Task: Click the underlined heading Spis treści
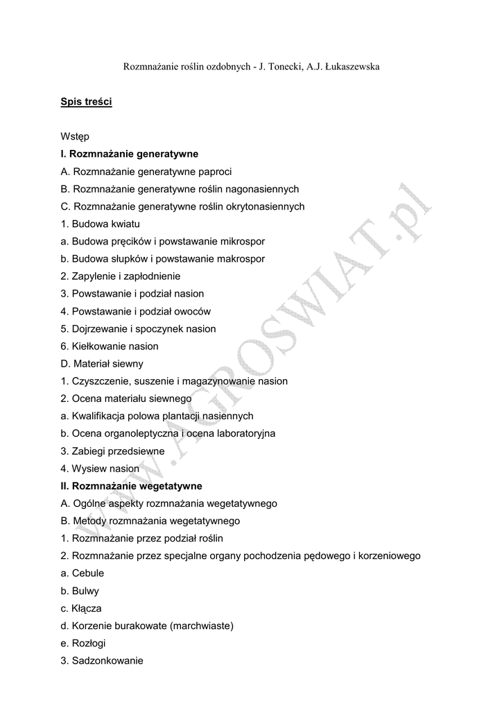(86, 102)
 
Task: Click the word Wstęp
(74, 137)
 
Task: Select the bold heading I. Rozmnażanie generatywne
(129, 154)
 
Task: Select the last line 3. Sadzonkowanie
(102, 660)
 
